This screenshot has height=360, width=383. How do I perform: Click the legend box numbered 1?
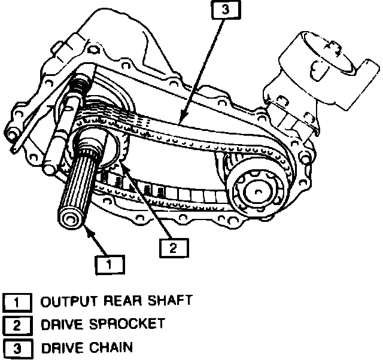pos(17,302)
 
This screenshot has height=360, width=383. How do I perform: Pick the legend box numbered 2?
pos(17,325)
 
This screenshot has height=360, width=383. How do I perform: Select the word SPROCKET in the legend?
pos(126,324)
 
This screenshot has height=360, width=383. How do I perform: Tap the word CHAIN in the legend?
pos(111,347)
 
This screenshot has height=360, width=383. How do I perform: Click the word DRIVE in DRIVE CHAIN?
pos(61,347)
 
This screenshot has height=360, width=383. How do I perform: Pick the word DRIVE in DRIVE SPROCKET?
pos(61,324)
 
